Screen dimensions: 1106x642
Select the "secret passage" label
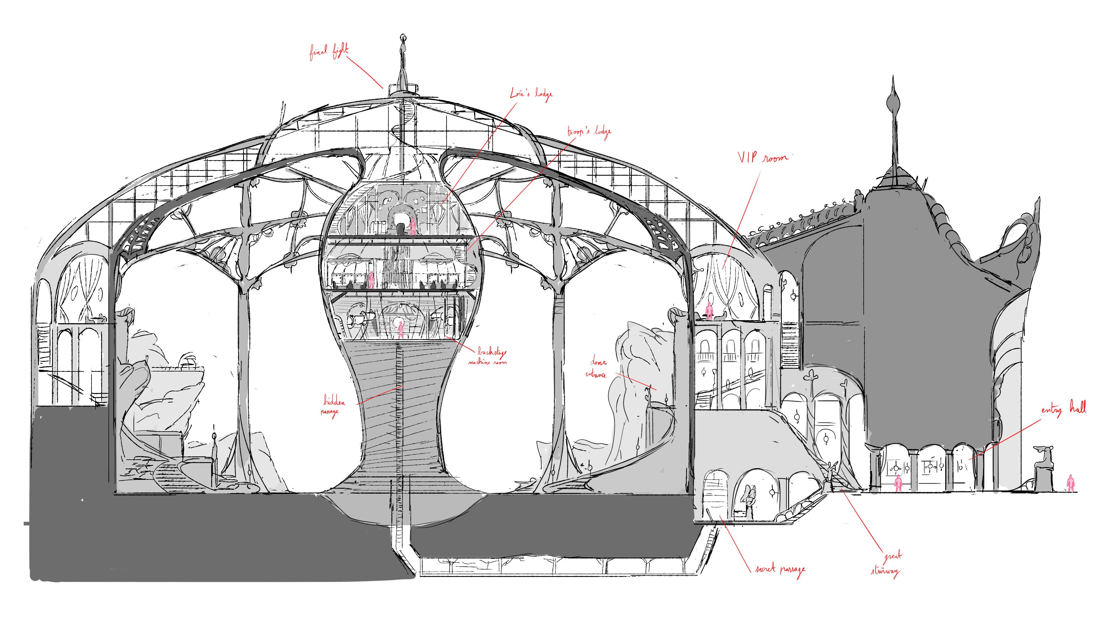[780, 569]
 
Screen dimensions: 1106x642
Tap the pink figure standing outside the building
[1071, 483]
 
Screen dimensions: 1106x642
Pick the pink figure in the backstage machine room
[400, 330]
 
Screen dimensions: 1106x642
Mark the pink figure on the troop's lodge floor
[371, 279]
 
